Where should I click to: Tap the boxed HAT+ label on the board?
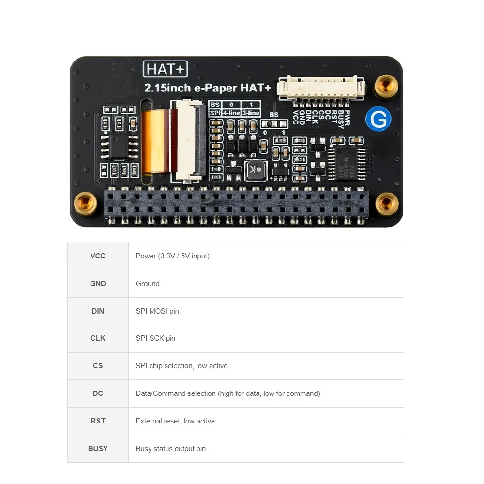pos(165,69)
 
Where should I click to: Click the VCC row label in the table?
pos(98,256)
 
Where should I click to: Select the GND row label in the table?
pos(98,284)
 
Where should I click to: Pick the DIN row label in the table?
pos(98,311)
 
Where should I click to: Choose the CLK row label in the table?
pos(98,338)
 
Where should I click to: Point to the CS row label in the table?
pos(98,366)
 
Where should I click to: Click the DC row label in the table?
pos(98,393)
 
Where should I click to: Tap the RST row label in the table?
pos(98,421)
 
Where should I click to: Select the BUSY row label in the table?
pos(98,449)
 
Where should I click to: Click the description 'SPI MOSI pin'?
pos(157,311)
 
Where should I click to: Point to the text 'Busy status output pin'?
pos(170,449)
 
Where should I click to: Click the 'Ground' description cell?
pos(148,284)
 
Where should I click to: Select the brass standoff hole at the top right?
pos(387,86)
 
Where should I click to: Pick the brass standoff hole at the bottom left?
pos(85,203)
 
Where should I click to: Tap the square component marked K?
pos(255,170)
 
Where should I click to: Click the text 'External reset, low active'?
pos(175,421)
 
